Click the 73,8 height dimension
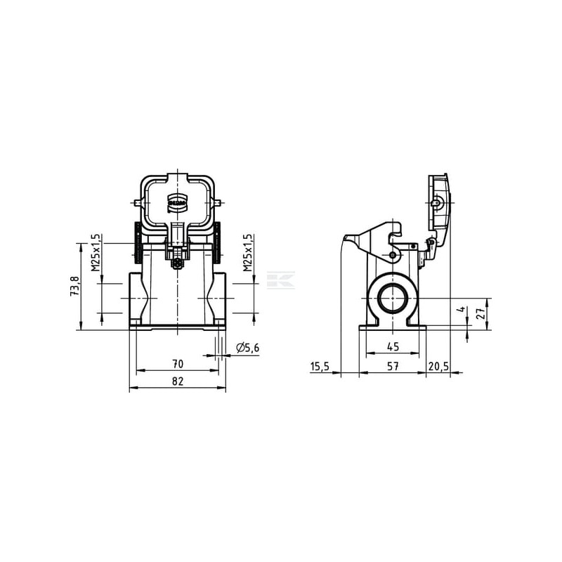pyautogui.click(x=75, y=286)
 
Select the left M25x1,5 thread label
pyautogui.click(x=95, y=252)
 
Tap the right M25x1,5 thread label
pyautogui.click(x=248, y=252)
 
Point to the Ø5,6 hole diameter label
pyautogui.click(x=247, y=348)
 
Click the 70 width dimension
pyautogui.click(x=178, y=364)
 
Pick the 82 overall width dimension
pyautogui.click(x=178, y=381)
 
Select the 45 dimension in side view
pyautogui.click(x=393, y=346)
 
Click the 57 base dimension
pyautogui.click(x=393, y=366)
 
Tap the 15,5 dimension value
pyautogui.click(x=320, y=366)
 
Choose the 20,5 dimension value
pyautogui.click(x=438, y=366)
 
